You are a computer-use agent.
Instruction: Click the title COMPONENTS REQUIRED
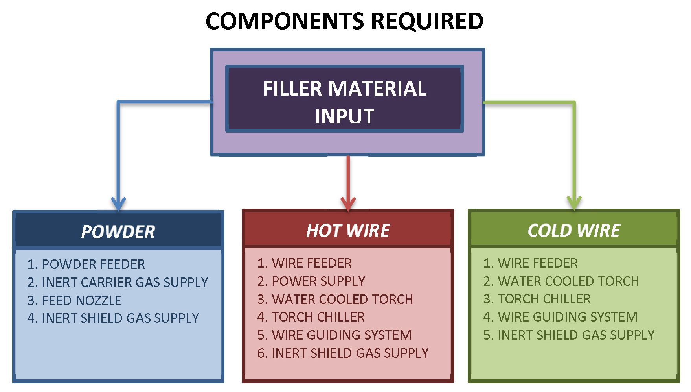click(344, 21)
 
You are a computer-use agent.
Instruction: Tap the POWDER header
click(118, 231)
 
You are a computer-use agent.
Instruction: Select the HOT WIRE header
click(348, 230)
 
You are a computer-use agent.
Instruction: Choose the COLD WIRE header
click(573, 230)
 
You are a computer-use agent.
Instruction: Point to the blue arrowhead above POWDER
click(119, 203)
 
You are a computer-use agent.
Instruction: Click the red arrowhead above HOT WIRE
click(348, 203)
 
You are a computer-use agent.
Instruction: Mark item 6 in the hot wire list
click(342, 353)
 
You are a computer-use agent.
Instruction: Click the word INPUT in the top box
click(344, 116)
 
